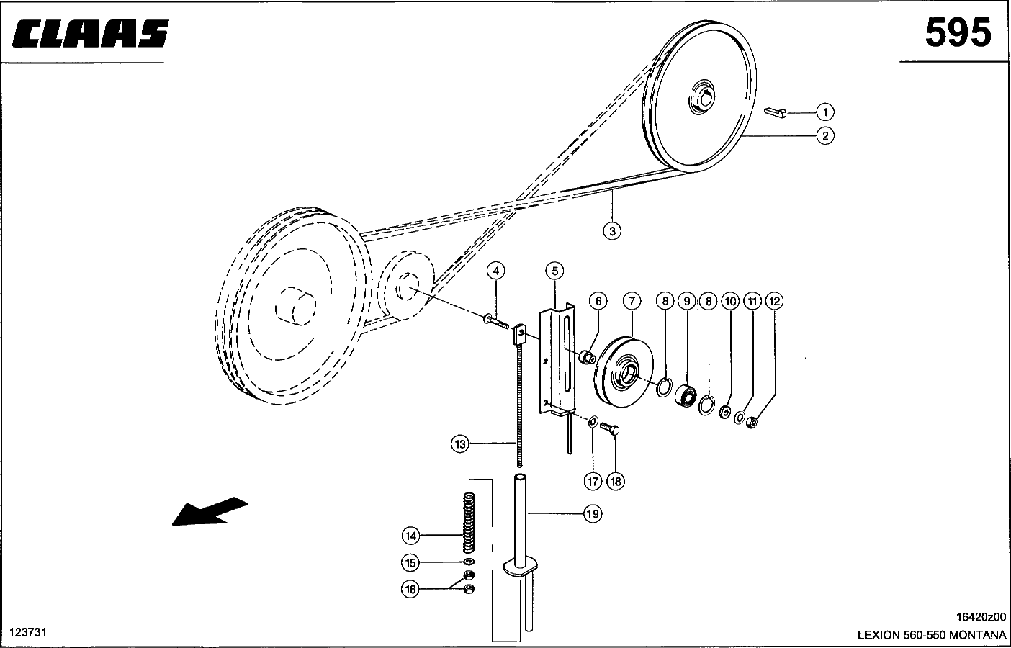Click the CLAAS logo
(x=89, y=34)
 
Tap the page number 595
(x=957, y=33)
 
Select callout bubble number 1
(x=825, y=112)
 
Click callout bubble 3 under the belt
(x=612, y=230)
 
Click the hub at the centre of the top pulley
(x=701, y=98)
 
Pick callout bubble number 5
(x=554, y=271)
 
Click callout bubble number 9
(x=686, y=300)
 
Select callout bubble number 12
(x=774, y=300)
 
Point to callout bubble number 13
(x=461, y=444)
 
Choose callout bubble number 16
(x=410, y=590)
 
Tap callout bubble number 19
(x=592, y=514)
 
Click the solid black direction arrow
(x=209, y=512)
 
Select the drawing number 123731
(x=27, y=631)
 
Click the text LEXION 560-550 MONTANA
(x=931, y=635)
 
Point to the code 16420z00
(x=980, y=617)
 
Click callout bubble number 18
(x=616, y=481)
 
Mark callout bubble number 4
(x=495, y=271)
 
